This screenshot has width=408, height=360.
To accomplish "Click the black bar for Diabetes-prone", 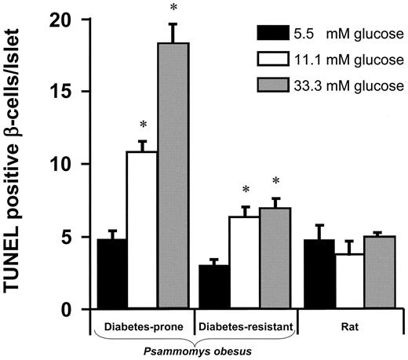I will point(111,275).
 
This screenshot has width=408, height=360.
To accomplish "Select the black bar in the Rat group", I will point(314,275).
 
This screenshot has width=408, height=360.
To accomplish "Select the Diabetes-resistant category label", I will point(245,324).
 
